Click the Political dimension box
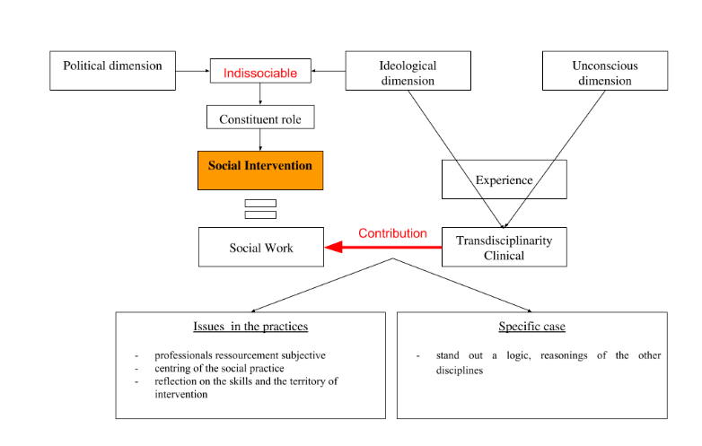tap(112, 70)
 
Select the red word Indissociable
tap(260, 73)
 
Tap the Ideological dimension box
tap(408, 72)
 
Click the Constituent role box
tap(260, 118)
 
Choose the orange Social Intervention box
tap(260, 170)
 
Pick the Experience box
tap(504, 179)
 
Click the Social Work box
tap(260, 247)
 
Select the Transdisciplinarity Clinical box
tap(504, 247)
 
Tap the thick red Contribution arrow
tap(382, 247)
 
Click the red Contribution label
tap(392, 233)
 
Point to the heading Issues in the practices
tap(250, 326)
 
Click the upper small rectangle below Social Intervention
tap(260, 203)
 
